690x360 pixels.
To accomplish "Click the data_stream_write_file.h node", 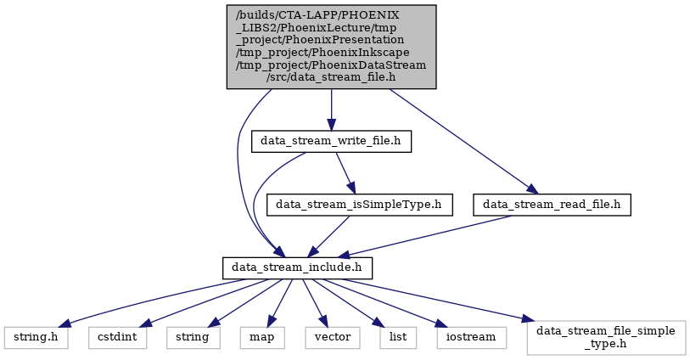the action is [331, 141].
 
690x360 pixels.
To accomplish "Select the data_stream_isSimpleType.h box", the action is [360, 205].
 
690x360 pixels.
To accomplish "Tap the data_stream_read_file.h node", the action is [552, 205].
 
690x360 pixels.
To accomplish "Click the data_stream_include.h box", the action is [298, 268].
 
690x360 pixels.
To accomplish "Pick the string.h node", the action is [36, 338].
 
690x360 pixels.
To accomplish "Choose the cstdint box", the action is [117, 338].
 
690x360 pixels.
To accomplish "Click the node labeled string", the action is [194, 338].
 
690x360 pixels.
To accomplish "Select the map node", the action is [262, 338].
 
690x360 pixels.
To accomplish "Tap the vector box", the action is [333, 338].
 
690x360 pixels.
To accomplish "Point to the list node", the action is [398, 338].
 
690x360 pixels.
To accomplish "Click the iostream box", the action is [472, 338].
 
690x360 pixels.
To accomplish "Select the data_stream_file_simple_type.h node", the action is [606, 338].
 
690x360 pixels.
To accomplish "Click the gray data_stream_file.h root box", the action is [331, 47].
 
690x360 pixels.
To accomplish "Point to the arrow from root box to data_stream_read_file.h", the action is [463, 141].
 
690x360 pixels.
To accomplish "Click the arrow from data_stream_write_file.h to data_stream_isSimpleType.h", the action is [346, 173].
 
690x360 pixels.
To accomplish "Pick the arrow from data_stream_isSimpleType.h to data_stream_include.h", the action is [328, 236].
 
